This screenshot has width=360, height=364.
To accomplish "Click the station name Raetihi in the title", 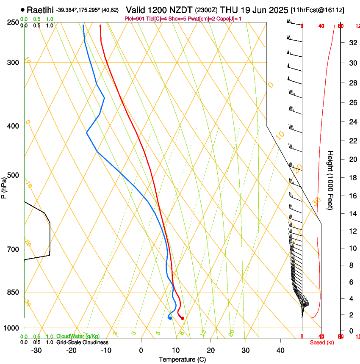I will [40, 10].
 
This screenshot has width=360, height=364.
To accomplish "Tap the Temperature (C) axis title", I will [182, 360].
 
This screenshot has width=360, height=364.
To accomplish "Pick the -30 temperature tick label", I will [36, 350].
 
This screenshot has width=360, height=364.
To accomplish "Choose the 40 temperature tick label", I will [280, 350].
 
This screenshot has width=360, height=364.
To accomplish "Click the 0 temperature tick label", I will [141, 350].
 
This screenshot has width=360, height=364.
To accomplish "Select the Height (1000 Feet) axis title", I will [330, 180].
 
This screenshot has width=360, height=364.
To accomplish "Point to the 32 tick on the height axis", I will [352, 43].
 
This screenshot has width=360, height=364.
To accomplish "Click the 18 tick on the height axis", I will [352, 178].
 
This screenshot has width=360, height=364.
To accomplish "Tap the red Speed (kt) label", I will [321, 342].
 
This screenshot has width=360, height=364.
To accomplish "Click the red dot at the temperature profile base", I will [183, 318].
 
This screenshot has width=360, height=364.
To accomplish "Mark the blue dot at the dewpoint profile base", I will [170, 318].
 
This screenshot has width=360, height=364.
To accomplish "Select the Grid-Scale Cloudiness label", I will [82, 342].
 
